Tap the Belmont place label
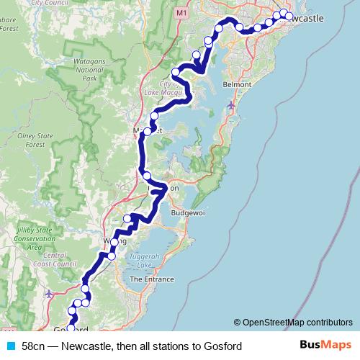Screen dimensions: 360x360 pos(238,84)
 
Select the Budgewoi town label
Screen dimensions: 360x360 pos(189,214)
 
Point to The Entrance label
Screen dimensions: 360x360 pos(151,279)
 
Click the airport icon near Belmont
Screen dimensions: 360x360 pos(230,105)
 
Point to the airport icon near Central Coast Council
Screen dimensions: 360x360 pos(49,294)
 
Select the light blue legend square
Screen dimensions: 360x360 pos(10,346)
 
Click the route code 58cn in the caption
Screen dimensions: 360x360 pos(33,346)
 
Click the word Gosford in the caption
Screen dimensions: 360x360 pos(221,346)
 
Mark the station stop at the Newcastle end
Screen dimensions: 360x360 pos(289,16)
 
